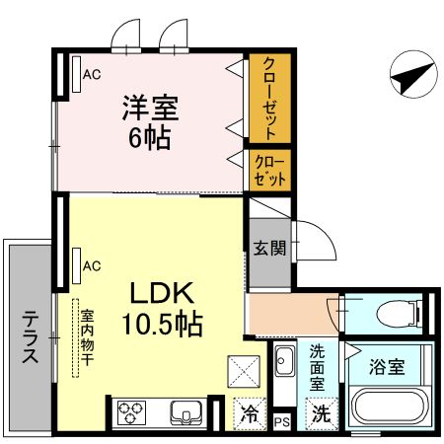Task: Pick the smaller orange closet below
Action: click(x=267, y=169)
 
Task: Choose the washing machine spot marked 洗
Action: click(x=320, y=415)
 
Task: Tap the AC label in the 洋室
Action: click(x=92, y=73)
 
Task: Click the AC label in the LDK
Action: click(x=92, y=265)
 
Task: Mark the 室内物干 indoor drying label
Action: click(x=87, y=335)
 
